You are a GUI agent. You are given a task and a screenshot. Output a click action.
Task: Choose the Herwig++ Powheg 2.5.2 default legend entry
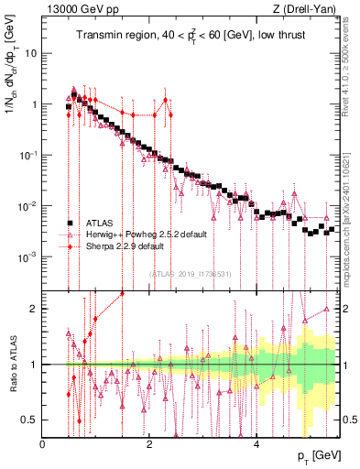click(x=146, y=234)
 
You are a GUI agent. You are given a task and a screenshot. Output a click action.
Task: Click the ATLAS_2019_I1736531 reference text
click(x=191, y=274)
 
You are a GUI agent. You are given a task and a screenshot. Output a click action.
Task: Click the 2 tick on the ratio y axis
click(x=35, y=309)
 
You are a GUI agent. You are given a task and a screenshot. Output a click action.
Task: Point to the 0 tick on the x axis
click(x=43, y=445)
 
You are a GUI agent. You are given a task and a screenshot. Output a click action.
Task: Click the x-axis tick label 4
click(x=256, y=445)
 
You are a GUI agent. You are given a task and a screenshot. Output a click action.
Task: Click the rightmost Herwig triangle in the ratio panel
click(x=326, y=310)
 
